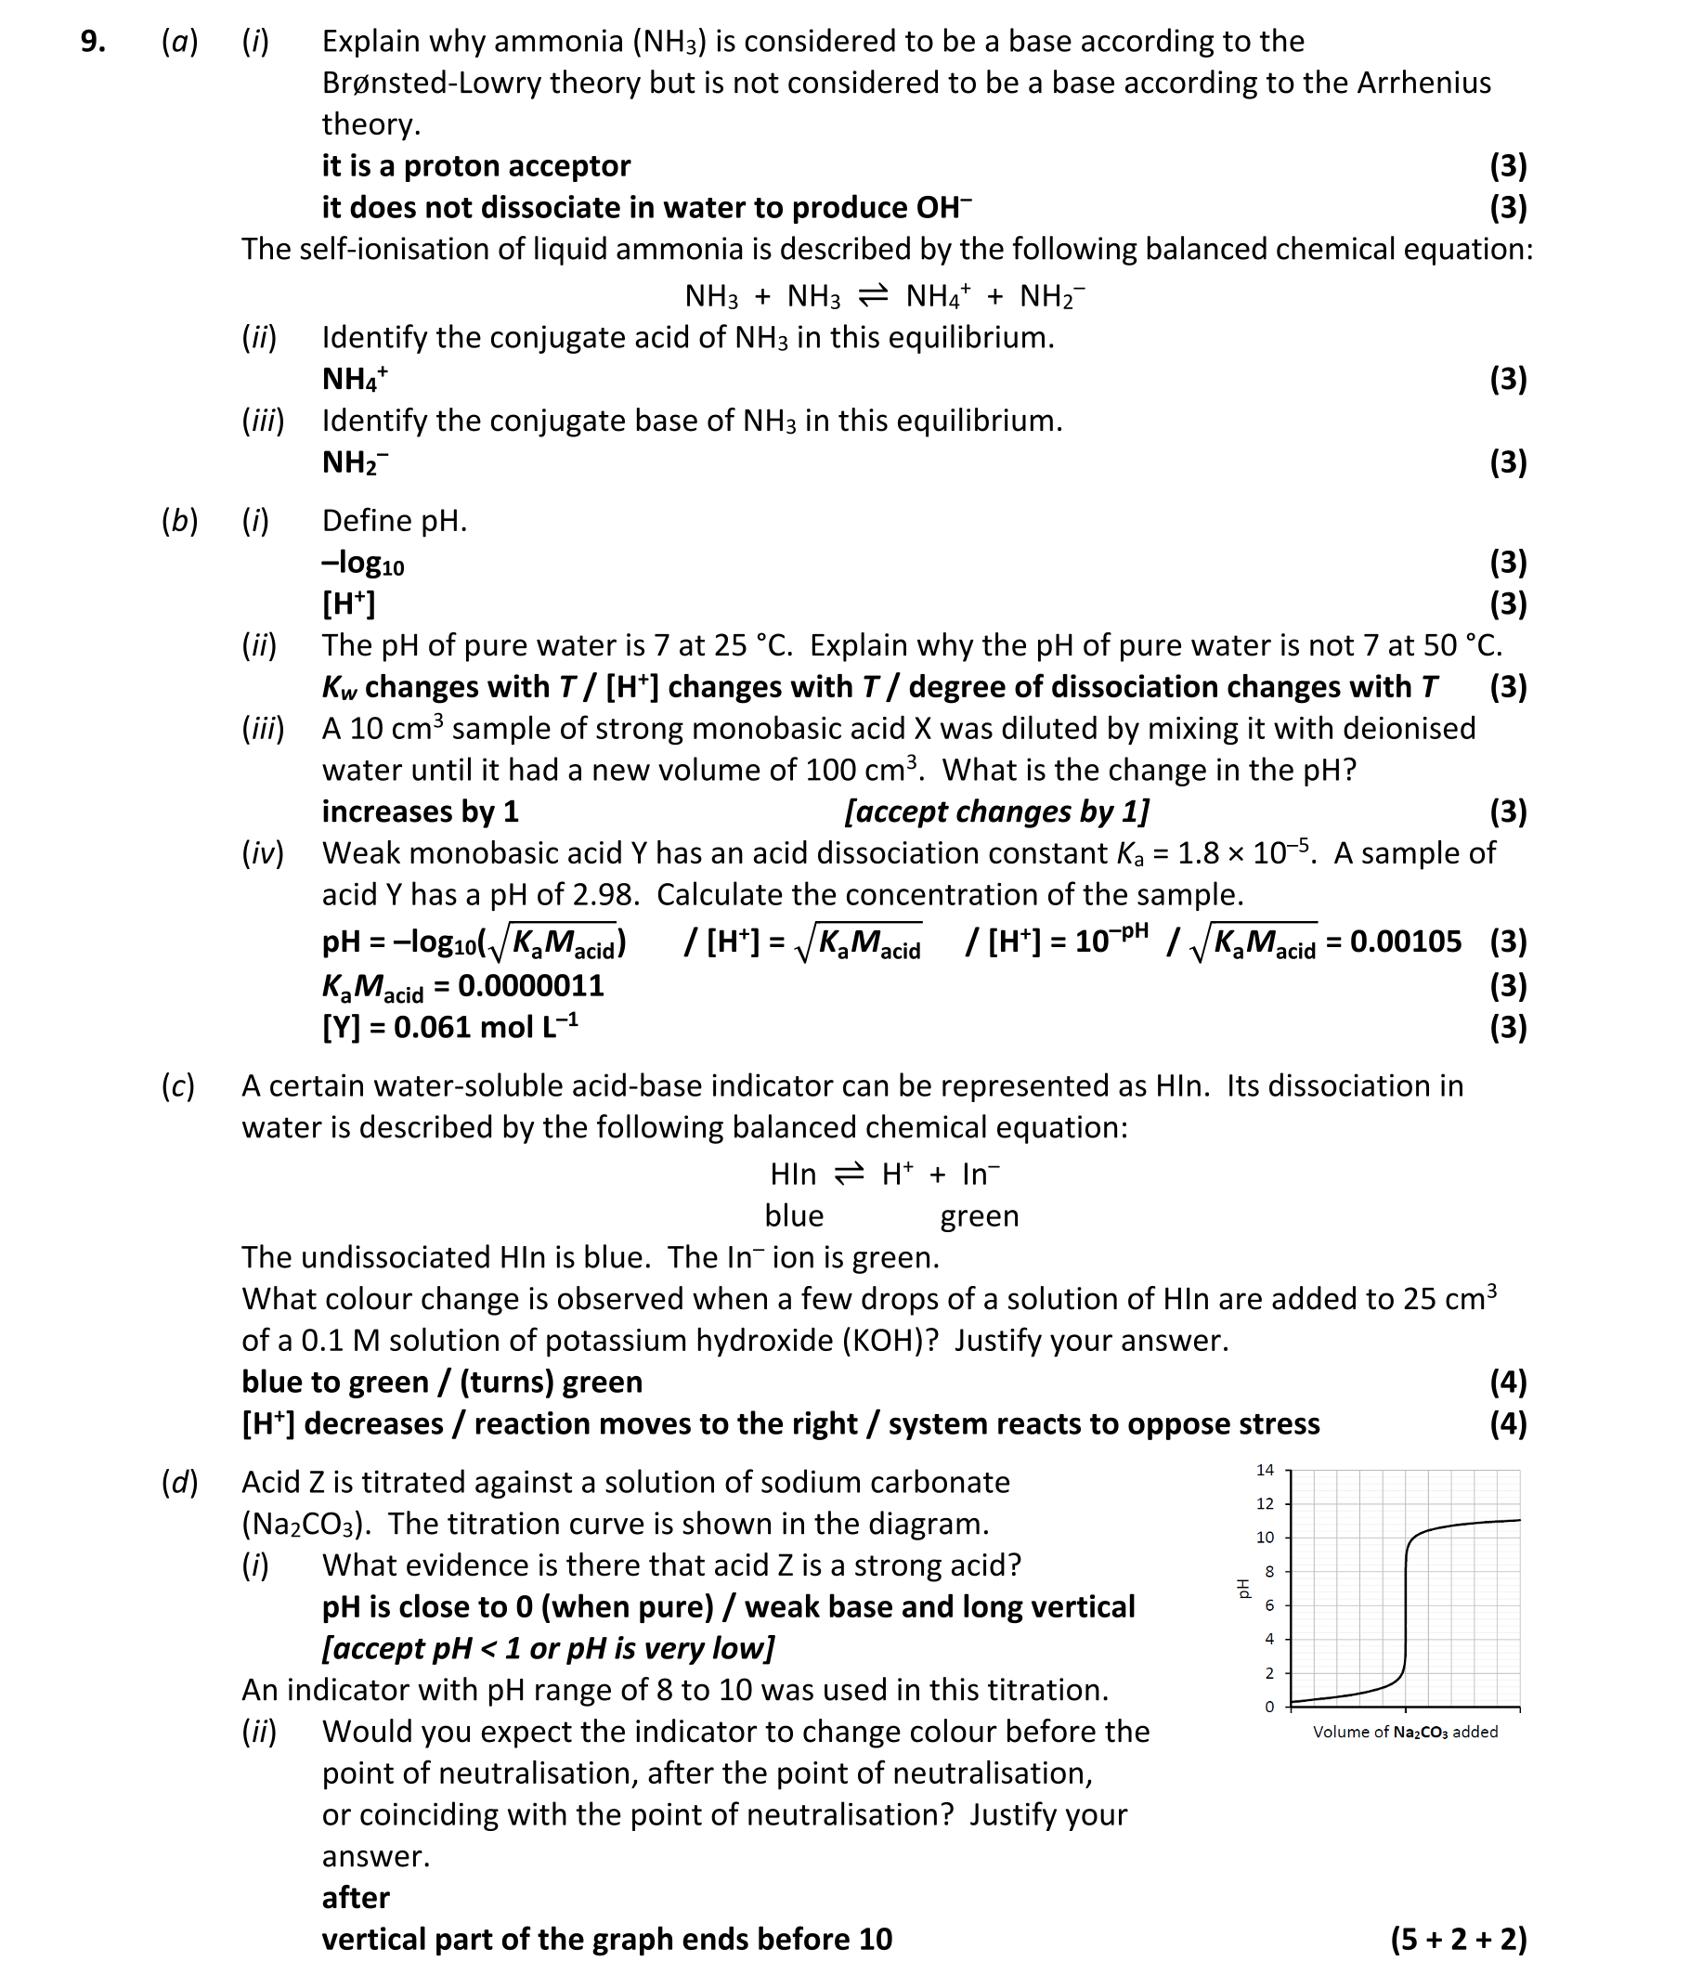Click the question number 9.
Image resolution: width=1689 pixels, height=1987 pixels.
pos(92,42)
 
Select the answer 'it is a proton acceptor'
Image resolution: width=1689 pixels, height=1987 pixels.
pos(475,166)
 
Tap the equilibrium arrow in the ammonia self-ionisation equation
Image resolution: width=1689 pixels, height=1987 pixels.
pos(872,296)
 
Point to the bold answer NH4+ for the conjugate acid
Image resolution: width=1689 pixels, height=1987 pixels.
pos(355,379)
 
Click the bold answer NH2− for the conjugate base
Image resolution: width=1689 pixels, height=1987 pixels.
pos(355,462)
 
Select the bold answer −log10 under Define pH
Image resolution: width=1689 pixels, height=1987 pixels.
pos(363,563)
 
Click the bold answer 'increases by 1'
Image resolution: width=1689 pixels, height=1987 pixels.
pos(420,812)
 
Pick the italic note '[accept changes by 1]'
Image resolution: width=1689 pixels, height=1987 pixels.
pos(995,812)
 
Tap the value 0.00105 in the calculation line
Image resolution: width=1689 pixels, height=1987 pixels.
pos(1405,942)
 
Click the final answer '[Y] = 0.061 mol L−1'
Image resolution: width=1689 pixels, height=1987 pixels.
pos(449,1028)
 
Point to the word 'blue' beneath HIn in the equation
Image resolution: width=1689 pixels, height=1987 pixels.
pos(794,1216)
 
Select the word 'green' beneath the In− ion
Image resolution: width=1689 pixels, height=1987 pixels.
pos(979,1216)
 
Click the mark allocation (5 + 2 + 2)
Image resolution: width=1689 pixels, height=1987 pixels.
pos(1457,1939)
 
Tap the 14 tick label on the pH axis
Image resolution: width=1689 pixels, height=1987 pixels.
pos(1265,1470)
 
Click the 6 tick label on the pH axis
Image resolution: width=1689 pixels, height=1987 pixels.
pos(1269,1606)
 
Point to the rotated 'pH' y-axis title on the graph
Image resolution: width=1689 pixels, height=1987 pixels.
pos(1242,1589)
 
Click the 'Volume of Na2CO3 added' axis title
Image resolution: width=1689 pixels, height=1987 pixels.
pos(1405,1732)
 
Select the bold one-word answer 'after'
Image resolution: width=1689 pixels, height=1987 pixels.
pos(356,1897)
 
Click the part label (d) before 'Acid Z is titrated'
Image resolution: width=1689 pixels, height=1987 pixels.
pos(179,1482)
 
